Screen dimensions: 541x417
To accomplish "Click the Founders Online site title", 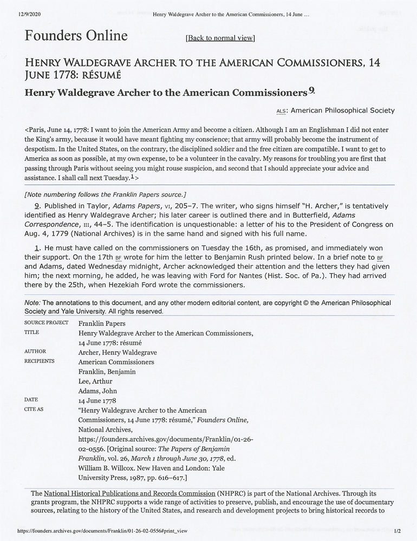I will click(76, 36).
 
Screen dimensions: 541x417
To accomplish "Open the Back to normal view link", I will click(220, 38).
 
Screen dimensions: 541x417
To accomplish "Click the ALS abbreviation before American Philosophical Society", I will click(281, 111).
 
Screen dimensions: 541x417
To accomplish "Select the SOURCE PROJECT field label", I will click(45, 322).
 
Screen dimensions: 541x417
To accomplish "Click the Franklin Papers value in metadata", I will click(102, 322).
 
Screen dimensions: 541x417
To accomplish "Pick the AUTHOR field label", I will click(35, 351).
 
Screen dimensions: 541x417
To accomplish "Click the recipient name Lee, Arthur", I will click(95, 381).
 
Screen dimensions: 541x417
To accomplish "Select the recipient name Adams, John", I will click(97, 391).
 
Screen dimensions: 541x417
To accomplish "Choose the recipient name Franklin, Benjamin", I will click(107, 371).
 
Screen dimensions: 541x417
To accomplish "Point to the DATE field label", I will click(31, 400).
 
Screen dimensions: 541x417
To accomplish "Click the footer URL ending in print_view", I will click(102, 532).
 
